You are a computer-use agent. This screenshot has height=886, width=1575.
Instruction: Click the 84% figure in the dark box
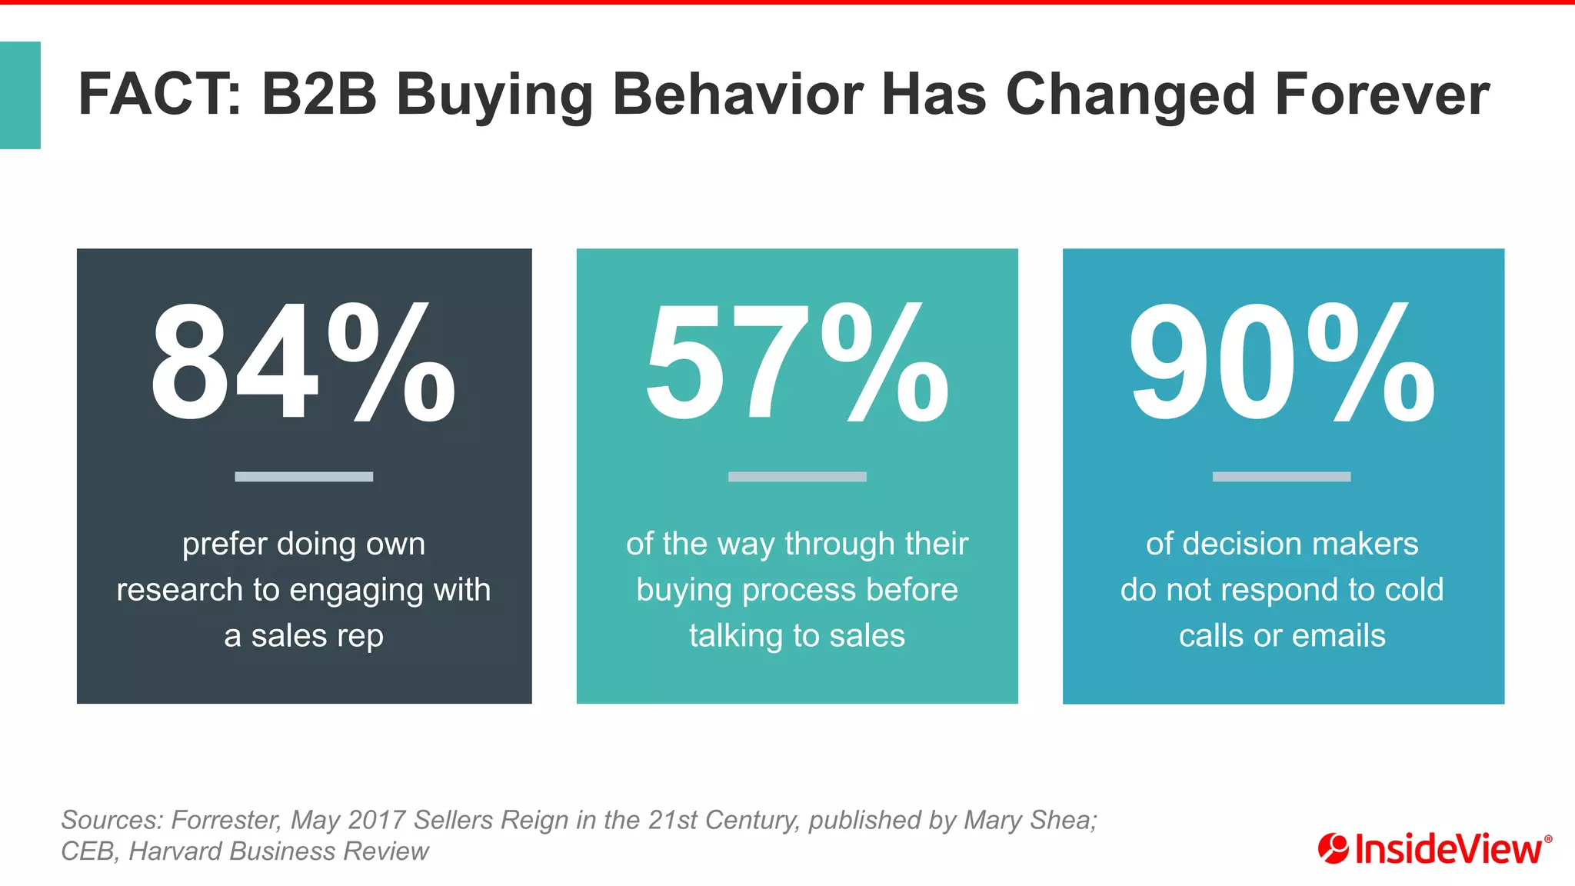point(303,362)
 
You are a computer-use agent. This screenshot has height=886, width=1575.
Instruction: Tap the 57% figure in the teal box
point(797,362)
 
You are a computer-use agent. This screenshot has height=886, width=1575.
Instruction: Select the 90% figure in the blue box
point(1282,362)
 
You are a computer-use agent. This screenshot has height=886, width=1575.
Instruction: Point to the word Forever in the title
point(1382,95)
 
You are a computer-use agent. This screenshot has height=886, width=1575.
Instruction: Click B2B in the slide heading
point(318,95)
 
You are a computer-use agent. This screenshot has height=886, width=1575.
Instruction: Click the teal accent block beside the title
point(20,95)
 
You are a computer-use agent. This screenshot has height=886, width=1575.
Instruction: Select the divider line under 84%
point(304,477)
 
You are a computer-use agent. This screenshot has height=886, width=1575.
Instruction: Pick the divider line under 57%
point(797,477)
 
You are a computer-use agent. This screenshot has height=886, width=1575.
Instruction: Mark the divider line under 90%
point(1281,477)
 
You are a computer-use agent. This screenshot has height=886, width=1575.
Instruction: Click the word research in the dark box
point(179,590)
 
